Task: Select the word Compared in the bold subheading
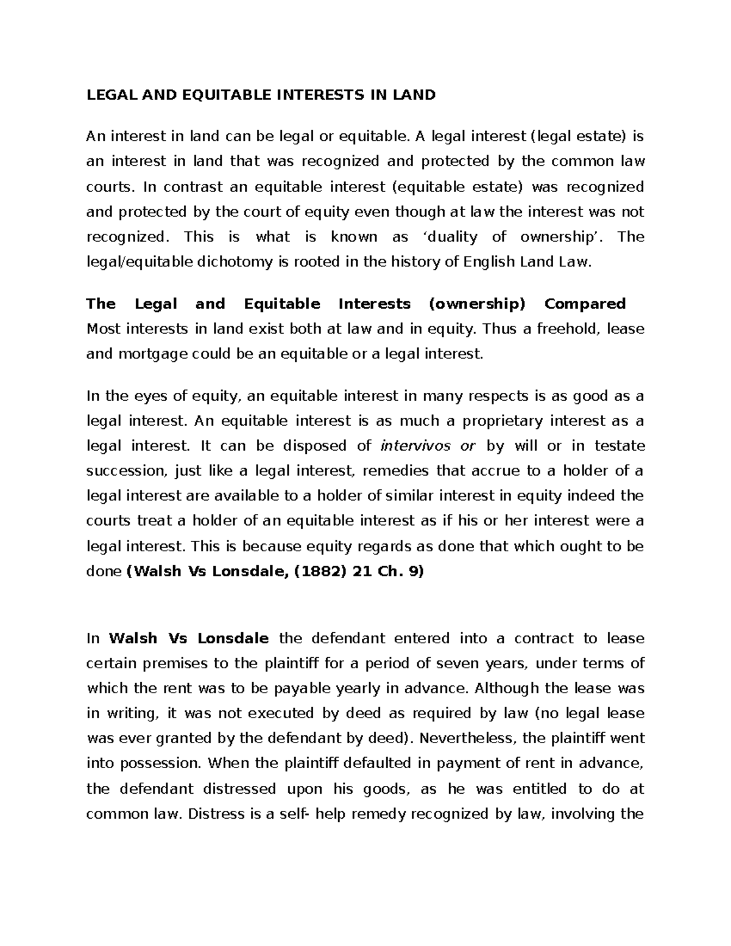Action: pos(584,303)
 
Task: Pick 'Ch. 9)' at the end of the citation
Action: pos(401,572)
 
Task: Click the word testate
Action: pos(617,446)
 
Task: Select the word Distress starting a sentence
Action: pos(217,814)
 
